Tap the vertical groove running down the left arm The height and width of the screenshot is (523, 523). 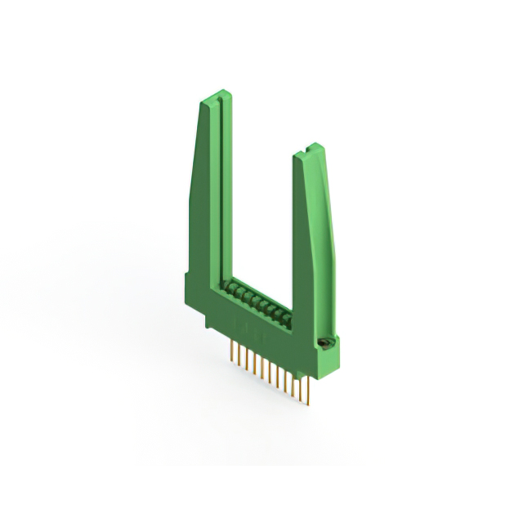(x=218, y=188)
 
